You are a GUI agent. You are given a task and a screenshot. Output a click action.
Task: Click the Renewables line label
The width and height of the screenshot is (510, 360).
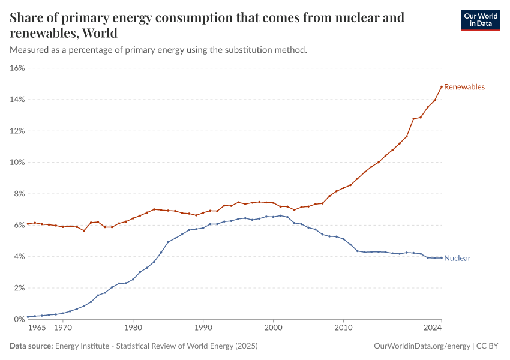pos(464,87)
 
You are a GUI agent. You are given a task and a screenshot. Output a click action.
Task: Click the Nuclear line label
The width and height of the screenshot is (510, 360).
pos(457,259)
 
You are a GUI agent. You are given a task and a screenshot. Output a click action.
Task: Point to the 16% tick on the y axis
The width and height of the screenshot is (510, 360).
pos(17,68)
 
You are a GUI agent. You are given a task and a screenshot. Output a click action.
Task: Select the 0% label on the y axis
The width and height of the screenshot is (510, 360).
pos(19,319)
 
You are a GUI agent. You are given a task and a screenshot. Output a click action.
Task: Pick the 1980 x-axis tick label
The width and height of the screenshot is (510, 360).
pos(133,329)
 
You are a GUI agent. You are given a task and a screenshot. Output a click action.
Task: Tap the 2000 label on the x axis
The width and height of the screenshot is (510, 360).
pos(273,329)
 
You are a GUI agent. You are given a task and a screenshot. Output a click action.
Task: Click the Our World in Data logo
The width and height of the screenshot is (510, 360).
pos(480,20)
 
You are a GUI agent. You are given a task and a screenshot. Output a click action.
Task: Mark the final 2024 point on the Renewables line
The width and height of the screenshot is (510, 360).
pos(442,86)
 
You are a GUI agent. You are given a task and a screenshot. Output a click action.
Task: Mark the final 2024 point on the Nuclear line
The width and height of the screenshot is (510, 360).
pos(442,258)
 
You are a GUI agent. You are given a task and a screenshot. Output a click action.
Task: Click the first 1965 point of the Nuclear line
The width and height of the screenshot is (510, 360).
pos(28,317)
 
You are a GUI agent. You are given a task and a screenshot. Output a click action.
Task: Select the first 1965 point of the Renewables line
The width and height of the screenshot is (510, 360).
pos(28,224)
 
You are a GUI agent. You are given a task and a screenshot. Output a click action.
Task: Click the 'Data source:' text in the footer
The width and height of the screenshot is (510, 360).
pos(31,346)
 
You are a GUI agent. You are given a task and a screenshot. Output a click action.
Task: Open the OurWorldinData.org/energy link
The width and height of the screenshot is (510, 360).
pos(422,346)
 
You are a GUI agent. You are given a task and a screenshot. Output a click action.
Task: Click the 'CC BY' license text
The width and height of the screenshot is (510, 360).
pos(489,346)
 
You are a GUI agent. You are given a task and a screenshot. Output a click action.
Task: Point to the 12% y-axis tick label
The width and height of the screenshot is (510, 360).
pos(17,131)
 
